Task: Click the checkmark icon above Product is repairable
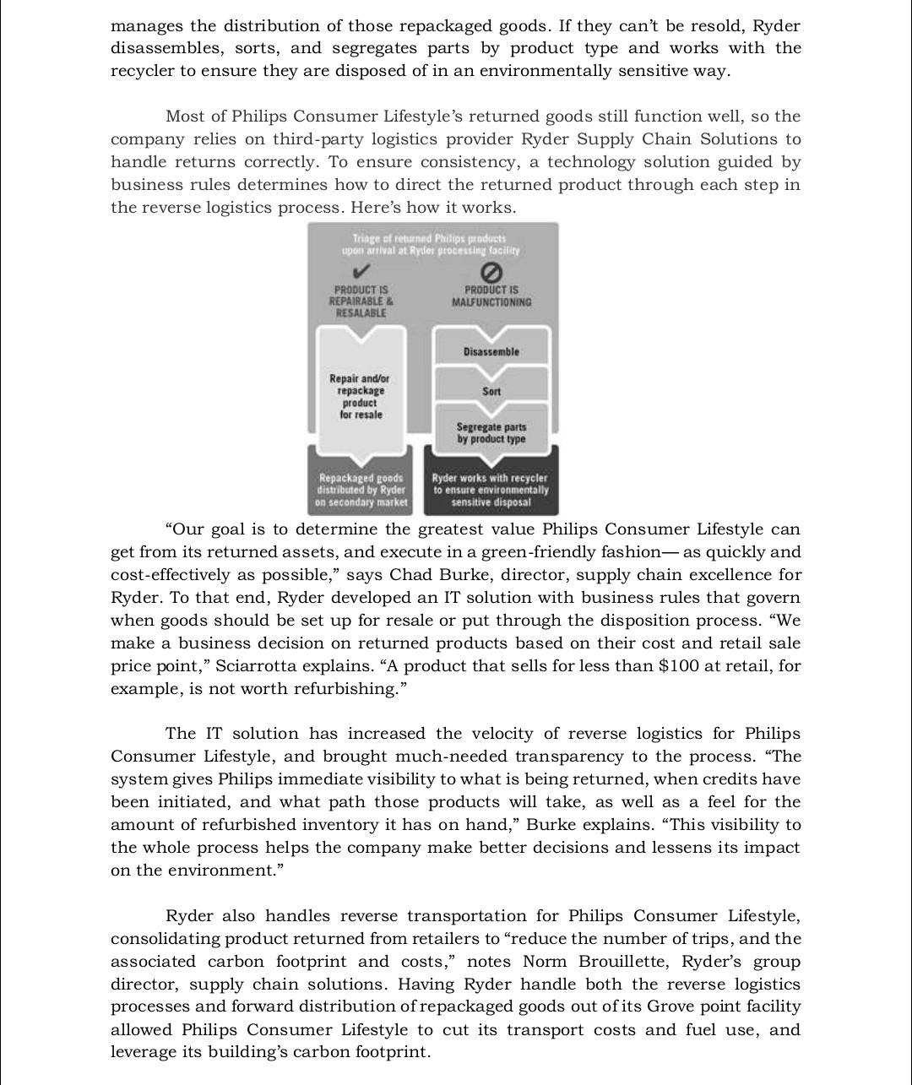[361, 272]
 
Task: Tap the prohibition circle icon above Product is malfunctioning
[491, 272]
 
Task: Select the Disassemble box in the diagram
[491, 351]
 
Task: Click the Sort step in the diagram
[491, 391]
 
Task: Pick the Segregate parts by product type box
[491, 433]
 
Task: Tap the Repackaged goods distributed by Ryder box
[361, 490]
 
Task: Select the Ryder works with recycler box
[491, 490]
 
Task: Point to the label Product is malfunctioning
[491, 296]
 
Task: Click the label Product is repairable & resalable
[361, 301]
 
